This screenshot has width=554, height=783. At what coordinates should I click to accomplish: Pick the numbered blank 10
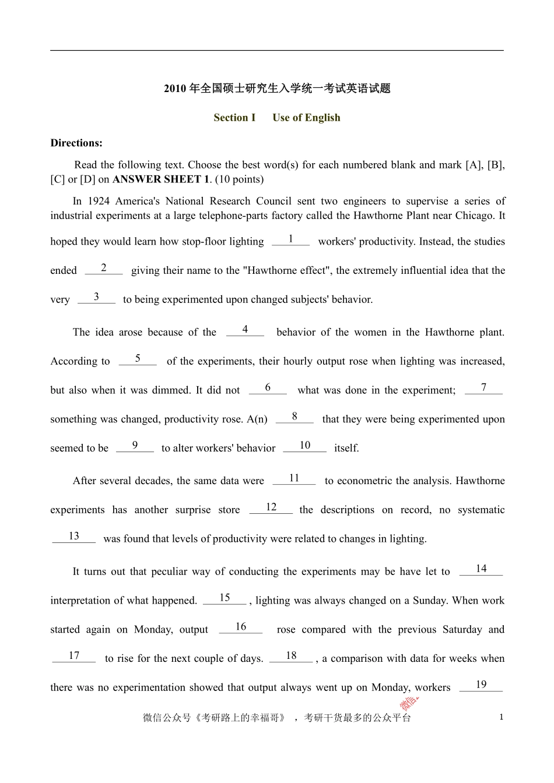click(x=304, y=446)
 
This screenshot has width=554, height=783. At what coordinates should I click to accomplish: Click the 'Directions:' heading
click(x=76, y=143)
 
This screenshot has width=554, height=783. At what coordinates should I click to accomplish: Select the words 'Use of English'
click(x=306, y=118)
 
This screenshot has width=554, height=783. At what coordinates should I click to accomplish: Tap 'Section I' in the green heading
click(x=234, y=118)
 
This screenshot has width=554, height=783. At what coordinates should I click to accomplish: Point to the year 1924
click(x=99, y=202)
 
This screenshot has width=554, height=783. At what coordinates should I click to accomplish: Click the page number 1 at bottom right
click(x=502, y=717)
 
